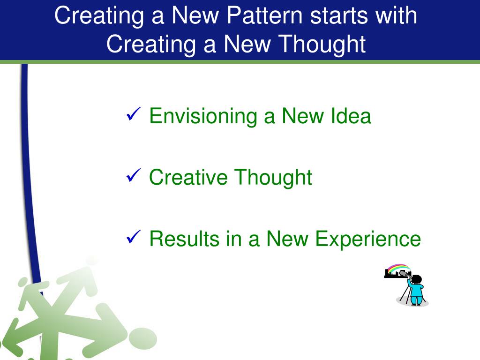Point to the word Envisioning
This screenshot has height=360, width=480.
point(203,116)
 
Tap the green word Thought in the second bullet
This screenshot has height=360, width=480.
point(273,178)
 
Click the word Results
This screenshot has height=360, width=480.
point(184,239)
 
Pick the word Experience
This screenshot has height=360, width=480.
point(367,239)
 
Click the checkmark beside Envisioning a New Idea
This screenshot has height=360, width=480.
point(133,114)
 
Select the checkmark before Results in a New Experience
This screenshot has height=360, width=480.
point(133,237)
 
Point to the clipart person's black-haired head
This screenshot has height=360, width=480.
point(417,279)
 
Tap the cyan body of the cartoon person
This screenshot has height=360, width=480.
point(416,293)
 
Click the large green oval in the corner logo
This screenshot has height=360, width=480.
point(142,338)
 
